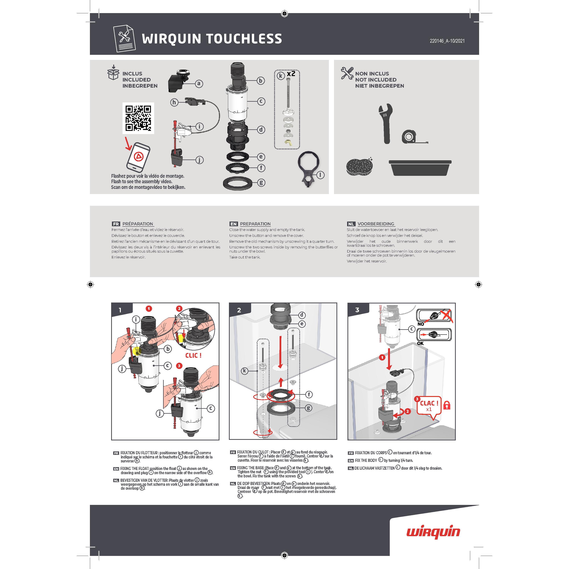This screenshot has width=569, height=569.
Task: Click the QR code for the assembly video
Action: pos(138,118)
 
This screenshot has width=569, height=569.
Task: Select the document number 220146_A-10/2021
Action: pos(447,41)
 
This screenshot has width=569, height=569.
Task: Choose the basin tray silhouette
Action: pos(420,168)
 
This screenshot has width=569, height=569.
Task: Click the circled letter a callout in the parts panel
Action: pos(199,84)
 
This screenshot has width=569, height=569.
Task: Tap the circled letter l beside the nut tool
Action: pos(320,175)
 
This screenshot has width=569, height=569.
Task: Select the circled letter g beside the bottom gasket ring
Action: pos(261,183)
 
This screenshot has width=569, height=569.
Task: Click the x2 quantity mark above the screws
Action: pos(291,74)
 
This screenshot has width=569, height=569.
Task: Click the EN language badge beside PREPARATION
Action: pos(233,224)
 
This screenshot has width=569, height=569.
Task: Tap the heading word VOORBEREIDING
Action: pos(376,224)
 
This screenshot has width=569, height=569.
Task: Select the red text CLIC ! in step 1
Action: pos(193,355)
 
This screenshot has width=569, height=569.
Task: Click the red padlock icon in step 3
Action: pos(447,405)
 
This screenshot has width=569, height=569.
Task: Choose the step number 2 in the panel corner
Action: pos(239,310)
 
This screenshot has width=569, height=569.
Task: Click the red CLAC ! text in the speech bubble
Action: pos(429,403)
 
